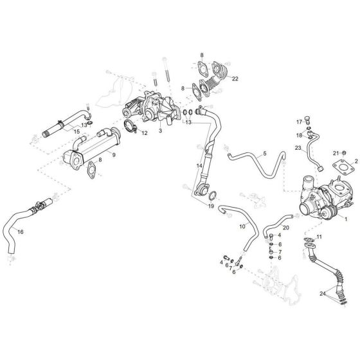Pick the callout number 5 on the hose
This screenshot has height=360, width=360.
264,154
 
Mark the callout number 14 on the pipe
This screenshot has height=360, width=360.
200,166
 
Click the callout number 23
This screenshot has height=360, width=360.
298,148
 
